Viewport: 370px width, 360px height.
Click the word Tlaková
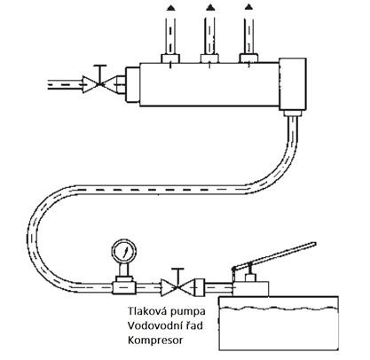pyautogui.click(x=144, y=311)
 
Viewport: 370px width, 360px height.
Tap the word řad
pyautogui.click(x=193, y=325)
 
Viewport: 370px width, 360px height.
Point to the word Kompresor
pyautogui.click(x=155, y=340)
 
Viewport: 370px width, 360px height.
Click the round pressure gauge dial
pyautogui.click(x=124, y=252)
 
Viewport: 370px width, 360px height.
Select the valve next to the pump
pyautogui.click(x=177, y=285)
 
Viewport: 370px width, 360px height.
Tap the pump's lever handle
pyautogui.click(x=274, y=254)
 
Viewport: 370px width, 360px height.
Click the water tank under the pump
pyautogui.click(x=279, y=323)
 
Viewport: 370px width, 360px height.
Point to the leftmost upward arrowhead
pyautogui.click(x=170, y=8)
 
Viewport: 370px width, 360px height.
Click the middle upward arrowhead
pyautogui.click(x=210, y=7)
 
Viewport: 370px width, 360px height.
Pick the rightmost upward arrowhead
pyautogui.click(x=249, y=6)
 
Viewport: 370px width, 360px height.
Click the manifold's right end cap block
pyautogui.click(x=292, y=84)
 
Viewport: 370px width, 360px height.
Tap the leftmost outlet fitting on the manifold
pyautogui.click(x=170, y=59)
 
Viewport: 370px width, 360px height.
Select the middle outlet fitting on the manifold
pyautogui.click(x=209, y=59)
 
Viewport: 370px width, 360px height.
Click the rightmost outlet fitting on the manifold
pyautogui.click(x=248, y=59)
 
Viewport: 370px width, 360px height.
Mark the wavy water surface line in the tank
pyautogui.click(x=279, y=308)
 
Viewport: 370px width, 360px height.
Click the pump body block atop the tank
pyautogui.click(x=251, y=289)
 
